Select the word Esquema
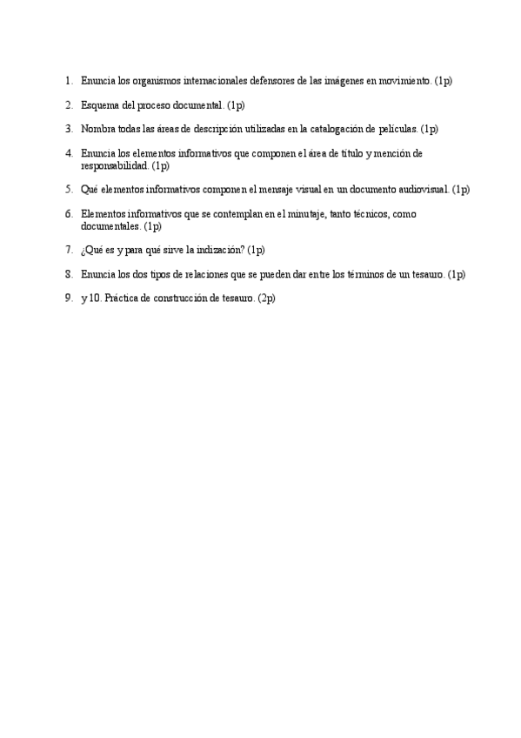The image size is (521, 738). [100, 105]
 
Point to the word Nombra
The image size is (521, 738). [98, 130]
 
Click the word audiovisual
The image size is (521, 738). [424, 189]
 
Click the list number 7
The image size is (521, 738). [69, 250]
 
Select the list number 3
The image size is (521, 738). [69, 130]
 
